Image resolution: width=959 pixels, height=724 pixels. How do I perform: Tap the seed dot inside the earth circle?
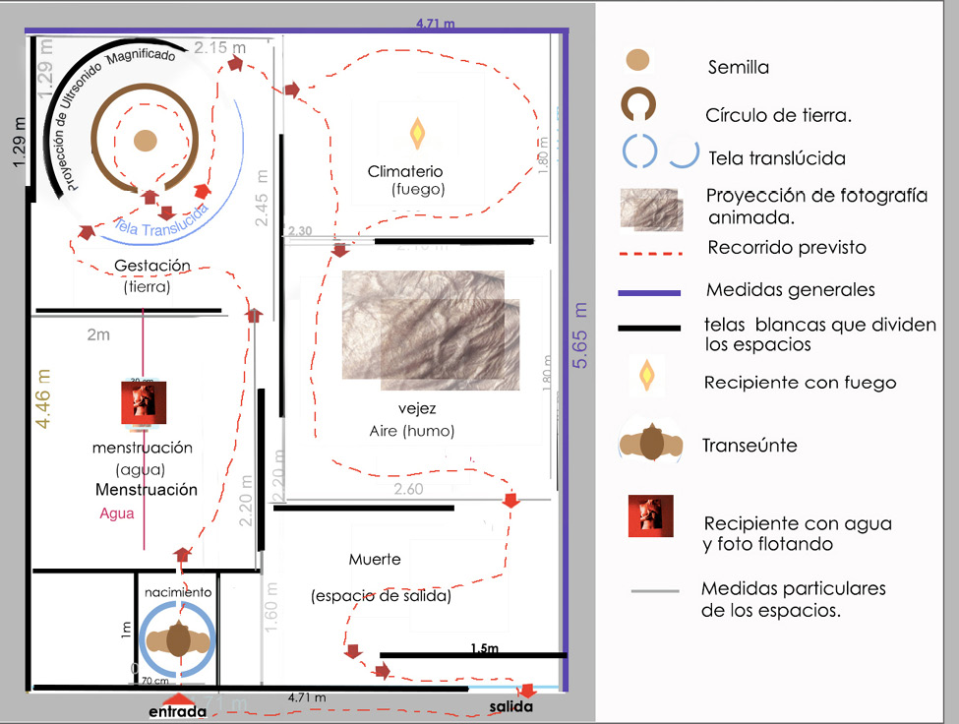[145, 141]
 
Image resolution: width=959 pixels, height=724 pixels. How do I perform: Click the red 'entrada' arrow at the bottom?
[178, 696]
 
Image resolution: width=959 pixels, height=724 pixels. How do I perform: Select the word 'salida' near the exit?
[511, 707]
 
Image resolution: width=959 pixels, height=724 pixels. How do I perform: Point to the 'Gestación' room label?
[152, 266]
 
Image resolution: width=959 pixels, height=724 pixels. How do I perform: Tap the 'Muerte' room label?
[375, 559]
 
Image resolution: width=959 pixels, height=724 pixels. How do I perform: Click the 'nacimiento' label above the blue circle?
[177, 593]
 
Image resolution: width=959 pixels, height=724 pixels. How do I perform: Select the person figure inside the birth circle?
[177, 639]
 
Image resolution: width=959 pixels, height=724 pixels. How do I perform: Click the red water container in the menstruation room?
[143, 403]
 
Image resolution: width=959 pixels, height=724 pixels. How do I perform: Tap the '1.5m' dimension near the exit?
[483, 649]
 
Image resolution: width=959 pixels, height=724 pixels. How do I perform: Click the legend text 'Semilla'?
[739, 68]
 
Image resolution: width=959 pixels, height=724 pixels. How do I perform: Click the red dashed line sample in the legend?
[649, 253]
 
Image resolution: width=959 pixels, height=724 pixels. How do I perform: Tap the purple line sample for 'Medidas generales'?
[649, 292]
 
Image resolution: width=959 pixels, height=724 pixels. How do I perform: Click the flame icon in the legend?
[647, 375]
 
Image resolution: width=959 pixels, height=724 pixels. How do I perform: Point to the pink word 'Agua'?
[116, 513]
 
